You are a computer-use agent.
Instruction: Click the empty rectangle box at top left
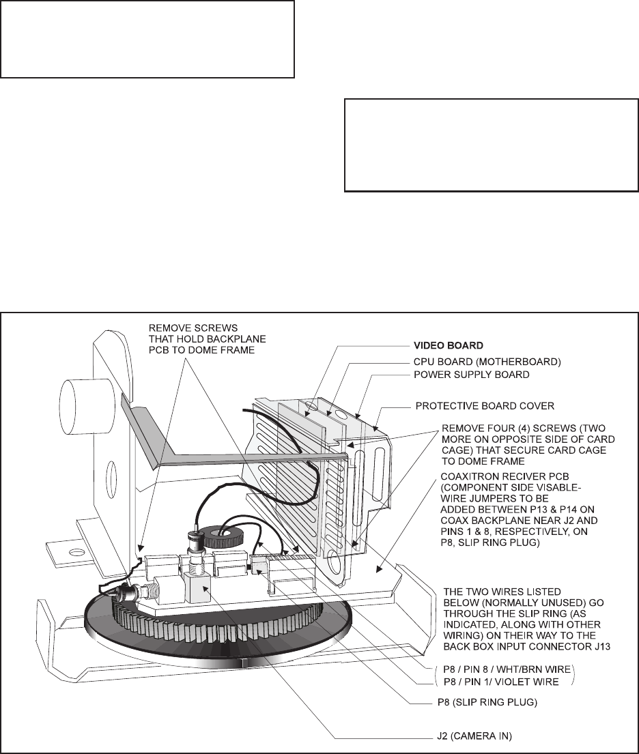coord(147,38)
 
